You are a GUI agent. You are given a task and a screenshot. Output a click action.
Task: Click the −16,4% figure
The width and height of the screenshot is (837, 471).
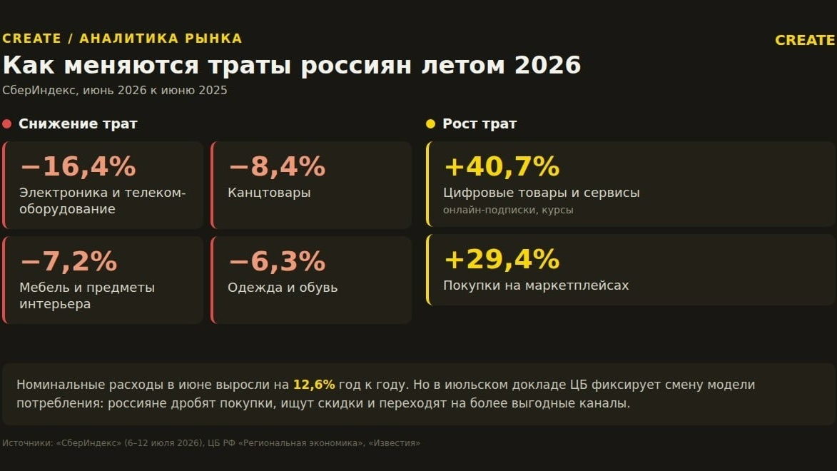click(x=78, y=166)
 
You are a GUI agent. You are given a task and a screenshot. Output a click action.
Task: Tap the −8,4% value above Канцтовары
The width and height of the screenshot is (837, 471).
click(x=277, y=166)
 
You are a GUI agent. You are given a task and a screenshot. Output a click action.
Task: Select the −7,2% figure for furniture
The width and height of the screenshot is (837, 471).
click(x=69, y=261)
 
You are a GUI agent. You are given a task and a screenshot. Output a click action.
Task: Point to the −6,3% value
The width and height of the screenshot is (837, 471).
click(x=277, y=261)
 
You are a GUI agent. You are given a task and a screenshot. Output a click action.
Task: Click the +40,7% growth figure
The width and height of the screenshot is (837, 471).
click(x=502, y=166)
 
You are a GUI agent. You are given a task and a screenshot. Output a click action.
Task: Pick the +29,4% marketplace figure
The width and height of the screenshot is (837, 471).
click(x=502, y=259)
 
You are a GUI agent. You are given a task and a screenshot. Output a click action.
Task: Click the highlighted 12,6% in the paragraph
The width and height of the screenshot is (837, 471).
click(x=314, y=385)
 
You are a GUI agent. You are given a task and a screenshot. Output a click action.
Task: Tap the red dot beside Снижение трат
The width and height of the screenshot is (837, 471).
click(x=7, y=124)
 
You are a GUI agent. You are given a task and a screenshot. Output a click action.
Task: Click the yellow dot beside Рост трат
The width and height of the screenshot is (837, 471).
click(x=431, y=124)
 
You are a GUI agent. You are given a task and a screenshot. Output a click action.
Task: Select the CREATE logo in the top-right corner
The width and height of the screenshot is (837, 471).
click(x=805, y=40)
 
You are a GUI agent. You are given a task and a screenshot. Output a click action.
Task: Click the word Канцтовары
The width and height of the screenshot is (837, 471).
click(x=269, y=192)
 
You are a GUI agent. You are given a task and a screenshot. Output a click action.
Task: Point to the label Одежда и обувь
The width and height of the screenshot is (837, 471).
click(x=283, y=288)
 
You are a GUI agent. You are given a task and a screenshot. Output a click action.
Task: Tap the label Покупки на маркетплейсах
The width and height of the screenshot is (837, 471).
click(x=536, y=285)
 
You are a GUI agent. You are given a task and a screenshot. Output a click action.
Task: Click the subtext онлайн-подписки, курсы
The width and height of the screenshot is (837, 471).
click(x=508, y=210)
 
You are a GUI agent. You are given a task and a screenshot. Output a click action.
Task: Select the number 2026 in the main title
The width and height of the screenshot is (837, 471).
click(x=547, y=65)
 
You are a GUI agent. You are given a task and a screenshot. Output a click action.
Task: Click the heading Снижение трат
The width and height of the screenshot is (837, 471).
click(x=78, y=124)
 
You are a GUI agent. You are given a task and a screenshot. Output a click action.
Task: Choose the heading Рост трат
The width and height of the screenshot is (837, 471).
click(x=480, y=124)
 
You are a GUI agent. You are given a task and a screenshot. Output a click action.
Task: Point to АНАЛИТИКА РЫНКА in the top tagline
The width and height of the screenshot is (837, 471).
click(x=161, y=39)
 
